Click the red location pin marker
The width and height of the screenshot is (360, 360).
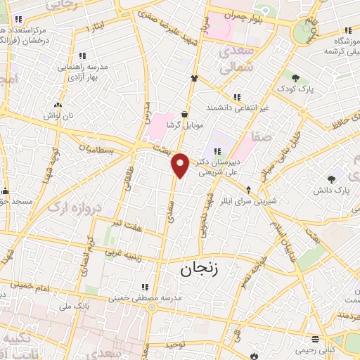(x=181, y=165)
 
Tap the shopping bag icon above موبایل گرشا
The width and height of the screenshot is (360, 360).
(x=184, y=113)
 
